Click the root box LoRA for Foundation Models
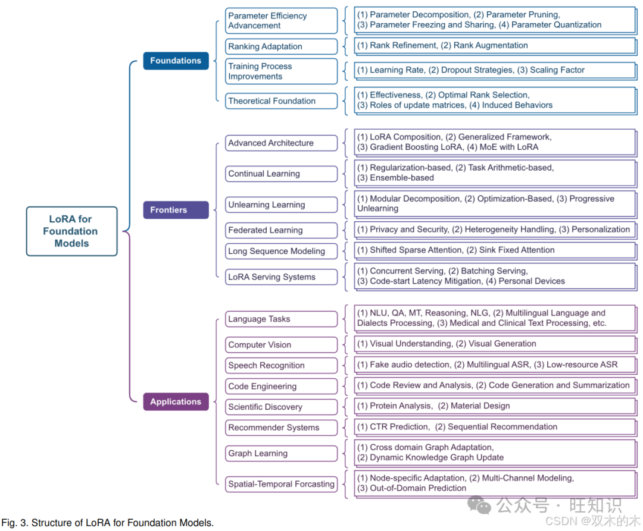coord(71,231)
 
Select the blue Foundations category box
coord(176,61)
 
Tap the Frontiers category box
coord(176,210)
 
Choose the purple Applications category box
coord(176,402)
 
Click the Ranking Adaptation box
coord(281,46)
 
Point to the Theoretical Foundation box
coord(281,101)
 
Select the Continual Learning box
coord(281,174)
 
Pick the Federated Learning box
coord(281,230)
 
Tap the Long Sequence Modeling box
coord(281,251)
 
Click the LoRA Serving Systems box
coord(281,277)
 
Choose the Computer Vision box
coord(281,345)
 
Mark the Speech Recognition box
coord(281,366)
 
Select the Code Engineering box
coord(281,387)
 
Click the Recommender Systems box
coord(281,428)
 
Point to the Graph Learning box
coord(281,453)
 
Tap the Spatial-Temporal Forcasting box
coord(281,484)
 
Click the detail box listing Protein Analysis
coord(494,406)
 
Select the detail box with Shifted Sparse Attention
coord(494,250)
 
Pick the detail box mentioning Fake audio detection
coord(494,365)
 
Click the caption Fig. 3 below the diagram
coord(107,523)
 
